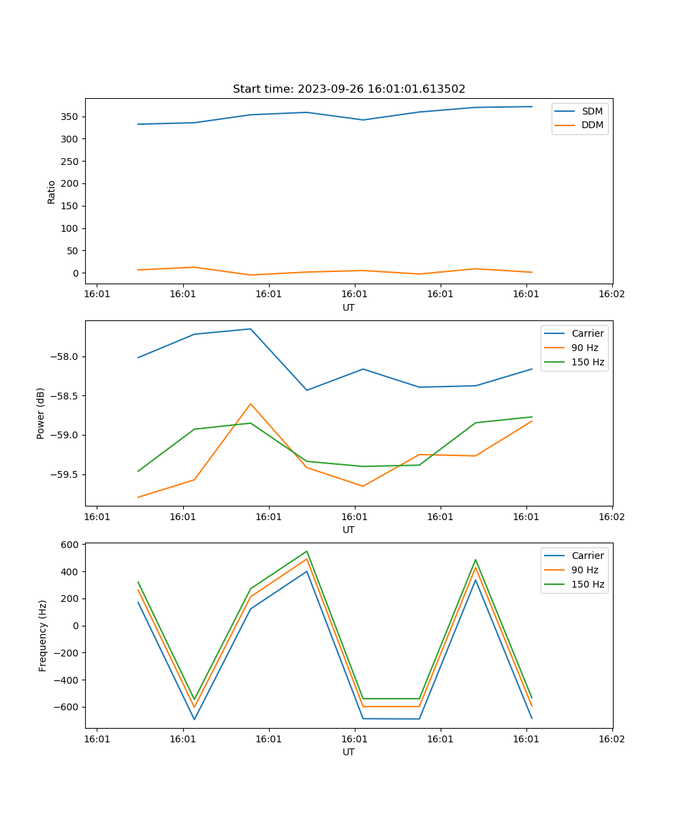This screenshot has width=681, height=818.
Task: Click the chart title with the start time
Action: click(349, 89)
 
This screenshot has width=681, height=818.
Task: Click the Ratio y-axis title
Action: click(52, 192)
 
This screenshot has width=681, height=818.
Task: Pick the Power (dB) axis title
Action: click(41, 413)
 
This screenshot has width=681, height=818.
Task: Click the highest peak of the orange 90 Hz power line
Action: click(251, 404)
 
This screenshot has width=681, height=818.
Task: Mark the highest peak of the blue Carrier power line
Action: click(251, 329)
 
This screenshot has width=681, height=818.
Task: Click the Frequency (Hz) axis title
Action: click(43, 635)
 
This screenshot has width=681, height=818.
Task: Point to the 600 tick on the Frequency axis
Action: click(69, 544)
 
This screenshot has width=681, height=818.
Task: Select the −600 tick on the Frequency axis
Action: click(66, 707)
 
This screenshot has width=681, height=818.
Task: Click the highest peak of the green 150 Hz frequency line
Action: click(307, 551)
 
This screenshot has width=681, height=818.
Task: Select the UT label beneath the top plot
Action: click(349, 307)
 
